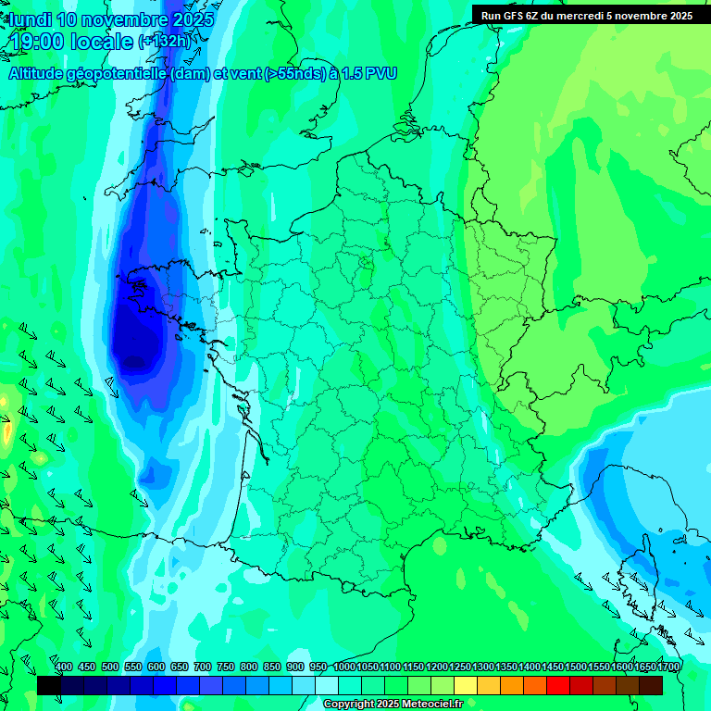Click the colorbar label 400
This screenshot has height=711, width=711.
pos(64,667)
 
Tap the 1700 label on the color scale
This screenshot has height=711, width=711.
pos(668,667)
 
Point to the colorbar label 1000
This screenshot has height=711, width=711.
pos(344,667)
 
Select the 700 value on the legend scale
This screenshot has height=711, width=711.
pos(203,667)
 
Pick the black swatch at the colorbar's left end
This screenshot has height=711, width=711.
pos(49,685)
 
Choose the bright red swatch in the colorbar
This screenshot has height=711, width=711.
pos(558,685)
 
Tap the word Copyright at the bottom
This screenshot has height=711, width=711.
pos(348,705)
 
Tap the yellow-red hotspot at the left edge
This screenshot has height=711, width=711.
pos(6,430)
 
